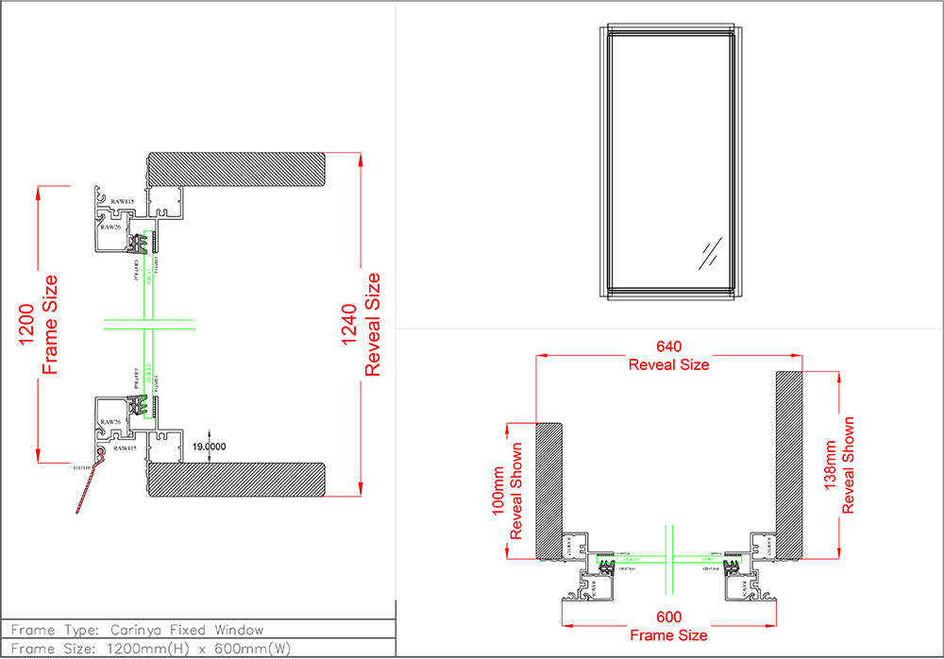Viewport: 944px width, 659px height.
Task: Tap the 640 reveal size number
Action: click(668, 346)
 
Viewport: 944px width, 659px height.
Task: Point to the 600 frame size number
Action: click(668, 617)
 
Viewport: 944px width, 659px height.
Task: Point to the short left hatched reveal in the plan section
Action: click(549, 491)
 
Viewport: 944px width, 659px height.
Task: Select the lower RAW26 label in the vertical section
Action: click(110, 422)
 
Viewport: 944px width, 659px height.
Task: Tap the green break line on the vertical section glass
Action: click(148, 324)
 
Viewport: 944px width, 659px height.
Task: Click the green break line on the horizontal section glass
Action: click(669, 556)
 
